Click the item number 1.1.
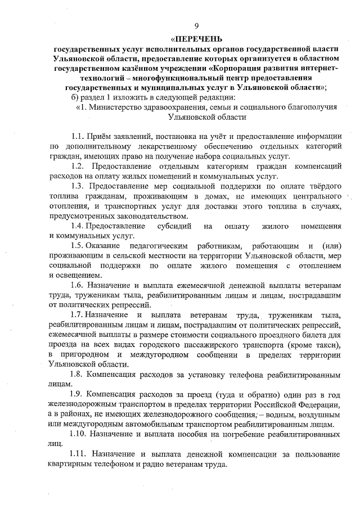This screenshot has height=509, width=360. click(x=79, y=136)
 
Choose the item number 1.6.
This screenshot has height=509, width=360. click(x=79, y=286)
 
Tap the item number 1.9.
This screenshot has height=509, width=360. click(x=79, y=395)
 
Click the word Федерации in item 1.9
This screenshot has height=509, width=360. click(x=319, y=405)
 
